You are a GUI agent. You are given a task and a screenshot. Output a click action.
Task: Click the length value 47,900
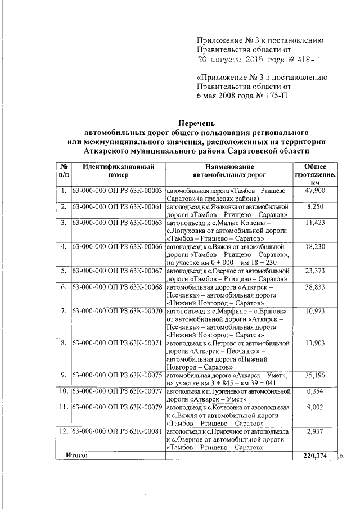pos(316,191)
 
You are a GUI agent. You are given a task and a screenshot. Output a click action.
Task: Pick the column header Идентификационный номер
pos(118,171)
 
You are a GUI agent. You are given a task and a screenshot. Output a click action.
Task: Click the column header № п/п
pos(64,171)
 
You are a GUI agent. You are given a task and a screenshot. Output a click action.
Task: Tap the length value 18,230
pos(316,246)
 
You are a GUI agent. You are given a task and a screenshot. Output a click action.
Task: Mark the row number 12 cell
pos(64,431)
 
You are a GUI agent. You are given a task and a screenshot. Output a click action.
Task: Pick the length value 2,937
pos(316,431)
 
